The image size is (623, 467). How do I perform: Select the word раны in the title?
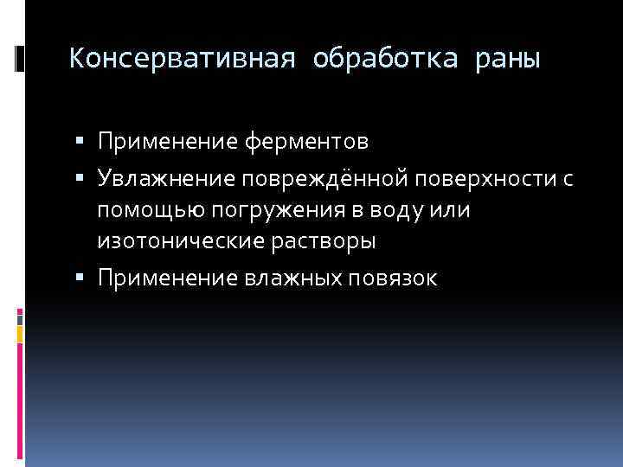pos(508,59)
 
